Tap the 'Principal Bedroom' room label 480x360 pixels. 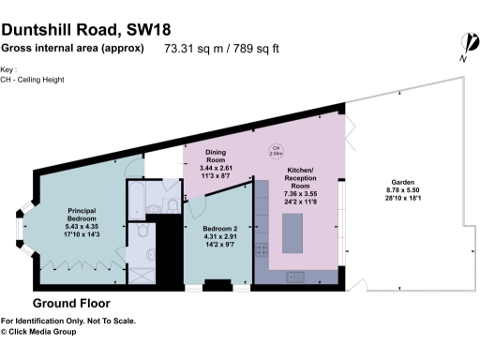click(x=82, y=215)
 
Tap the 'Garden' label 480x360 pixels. click(x=404, y=182)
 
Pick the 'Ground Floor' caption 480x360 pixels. click(x=71, y=304)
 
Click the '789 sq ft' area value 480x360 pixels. click(x=259, y=47)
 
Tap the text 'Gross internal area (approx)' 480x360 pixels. click(x=72, y=47)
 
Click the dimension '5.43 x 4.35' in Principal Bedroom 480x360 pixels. click(x=82, y=226)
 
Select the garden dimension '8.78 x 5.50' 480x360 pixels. click(x=404, y=190)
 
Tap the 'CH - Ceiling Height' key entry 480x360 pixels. click(x=42, y=80)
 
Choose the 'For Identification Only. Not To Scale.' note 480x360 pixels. click(x=67, y=321)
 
